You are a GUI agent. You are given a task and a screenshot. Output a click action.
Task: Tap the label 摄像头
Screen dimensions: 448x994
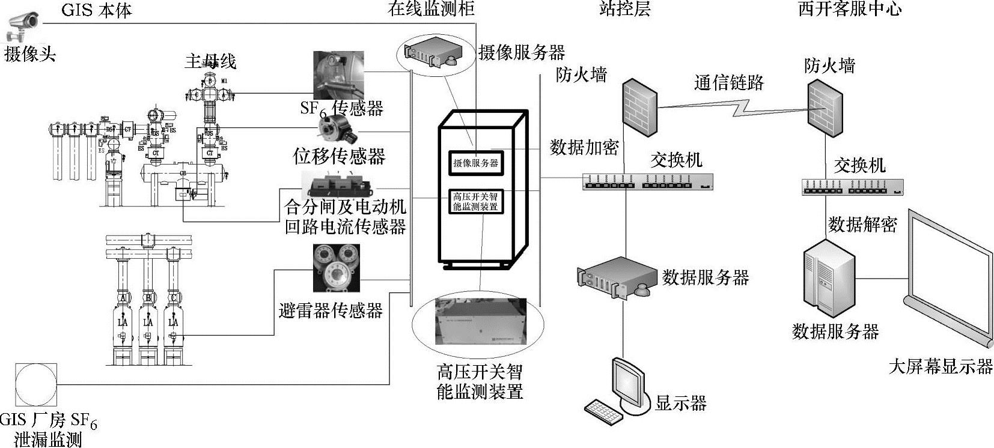coord(30,55)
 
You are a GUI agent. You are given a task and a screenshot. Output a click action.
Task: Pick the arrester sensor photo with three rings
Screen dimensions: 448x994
coord(337,267)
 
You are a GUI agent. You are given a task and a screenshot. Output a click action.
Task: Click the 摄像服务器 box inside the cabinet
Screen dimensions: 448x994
coord(475,163)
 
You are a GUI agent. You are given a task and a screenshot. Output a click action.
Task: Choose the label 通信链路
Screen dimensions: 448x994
coord(728,82)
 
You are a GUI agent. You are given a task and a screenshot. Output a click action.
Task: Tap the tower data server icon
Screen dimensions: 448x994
coord(829,279)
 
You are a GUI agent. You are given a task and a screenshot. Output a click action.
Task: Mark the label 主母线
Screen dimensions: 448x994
coord(210,61)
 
